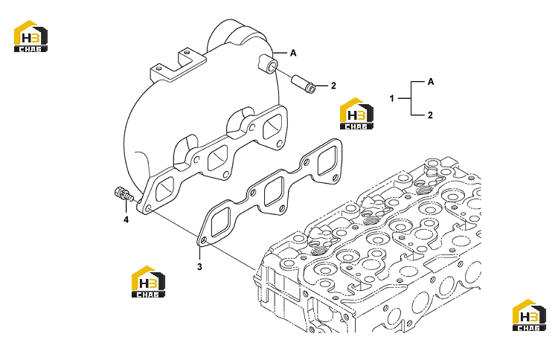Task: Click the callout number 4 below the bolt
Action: (126, 219)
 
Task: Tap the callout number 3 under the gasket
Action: (199, 266)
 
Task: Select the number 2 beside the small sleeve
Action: (333, 86)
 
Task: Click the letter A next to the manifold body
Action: (293, 53)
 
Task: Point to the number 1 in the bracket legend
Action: (392, 98)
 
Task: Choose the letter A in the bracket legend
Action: (431, 82)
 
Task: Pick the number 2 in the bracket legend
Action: (430, 115)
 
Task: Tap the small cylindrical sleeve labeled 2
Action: (304, 84)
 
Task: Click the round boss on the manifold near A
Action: (268, 65)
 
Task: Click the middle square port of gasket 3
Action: (274, 191)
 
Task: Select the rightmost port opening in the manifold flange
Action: (273, 126)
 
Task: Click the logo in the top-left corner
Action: (31, 36)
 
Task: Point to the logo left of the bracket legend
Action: (356, 114)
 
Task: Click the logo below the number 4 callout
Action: (148, 282)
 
